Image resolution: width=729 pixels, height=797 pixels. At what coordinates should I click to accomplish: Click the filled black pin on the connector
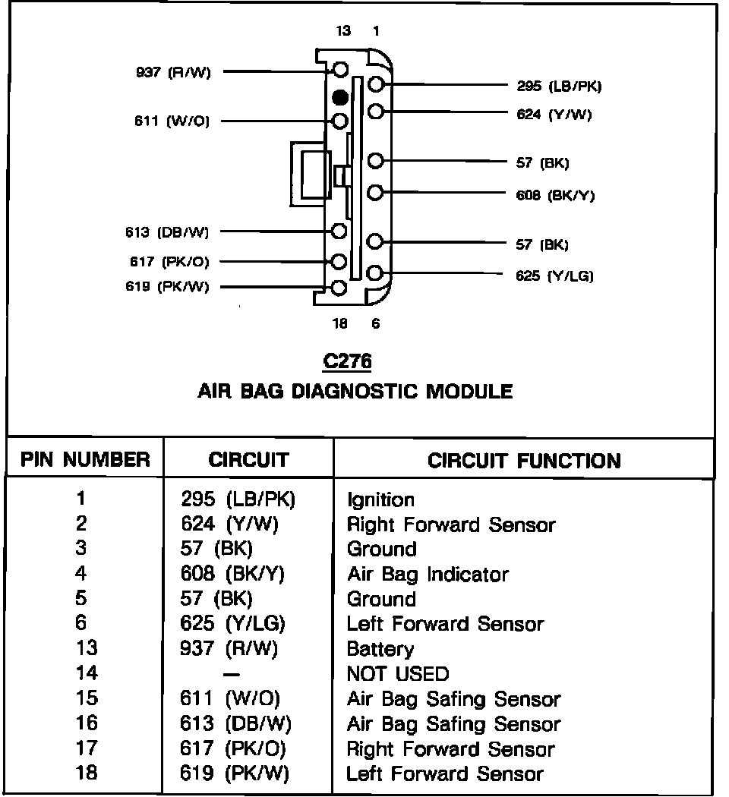[x=340, y=97]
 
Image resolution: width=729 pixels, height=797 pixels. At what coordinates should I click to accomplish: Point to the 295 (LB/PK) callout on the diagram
[x=558, y=87]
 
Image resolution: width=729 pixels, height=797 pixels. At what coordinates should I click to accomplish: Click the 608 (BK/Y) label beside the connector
[x=555, y=195]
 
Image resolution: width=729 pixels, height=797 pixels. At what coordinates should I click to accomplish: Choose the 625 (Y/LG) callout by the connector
[x=554, y=276]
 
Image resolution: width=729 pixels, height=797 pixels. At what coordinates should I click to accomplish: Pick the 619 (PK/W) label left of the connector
[x=168, y=287]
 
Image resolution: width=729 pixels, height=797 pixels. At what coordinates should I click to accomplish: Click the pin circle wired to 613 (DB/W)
[x=340, y=231]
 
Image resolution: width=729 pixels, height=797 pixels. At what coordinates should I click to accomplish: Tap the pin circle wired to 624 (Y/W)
[x=376, y=112]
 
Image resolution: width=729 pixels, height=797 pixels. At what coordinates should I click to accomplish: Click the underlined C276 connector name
[x=347, y=362]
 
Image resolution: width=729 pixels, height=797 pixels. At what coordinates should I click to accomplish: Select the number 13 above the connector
[x=343, y=31]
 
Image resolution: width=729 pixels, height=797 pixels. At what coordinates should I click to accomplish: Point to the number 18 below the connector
[x=339, y=323]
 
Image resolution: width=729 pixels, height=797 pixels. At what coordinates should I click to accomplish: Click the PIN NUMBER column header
[x=85, y=459]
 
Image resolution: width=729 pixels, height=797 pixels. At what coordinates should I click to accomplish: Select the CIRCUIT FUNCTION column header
[x=524, y=461]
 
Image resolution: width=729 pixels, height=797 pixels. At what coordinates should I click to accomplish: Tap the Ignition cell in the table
[x=380, y=500]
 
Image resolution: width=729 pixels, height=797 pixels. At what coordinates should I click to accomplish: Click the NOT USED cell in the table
[x=397, y=673]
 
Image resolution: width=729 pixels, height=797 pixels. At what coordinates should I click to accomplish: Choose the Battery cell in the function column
[x=380, y=649]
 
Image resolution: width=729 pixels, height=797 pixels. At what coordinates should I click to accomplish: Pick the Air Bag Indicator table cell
[x=428, y=575]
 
